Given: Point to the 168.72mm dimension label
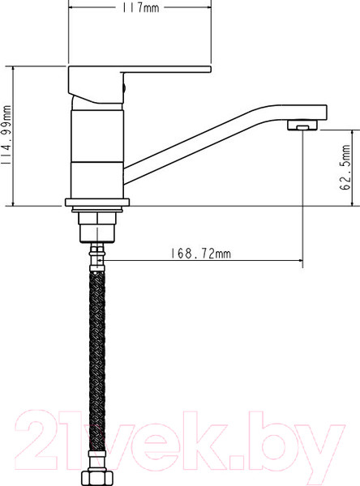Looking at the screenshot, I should (x=201, y=254).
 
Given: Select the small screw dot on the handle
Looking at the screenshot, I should (x=124, y=83).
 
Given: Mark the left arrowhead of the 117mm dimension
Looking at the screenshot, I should (x=71, y=8).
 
